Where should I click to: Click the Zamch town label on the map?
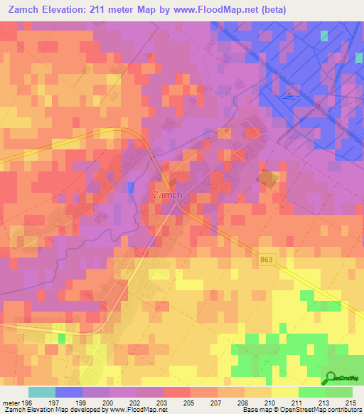[168, 194]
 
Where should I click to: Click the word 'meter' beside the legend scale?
[10, 401]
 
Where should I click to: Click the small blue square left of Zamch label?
[131, 187]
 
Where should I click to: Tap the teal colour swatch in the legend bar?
[41, 392]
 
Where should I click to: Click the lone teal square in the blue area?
[324, 36]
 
